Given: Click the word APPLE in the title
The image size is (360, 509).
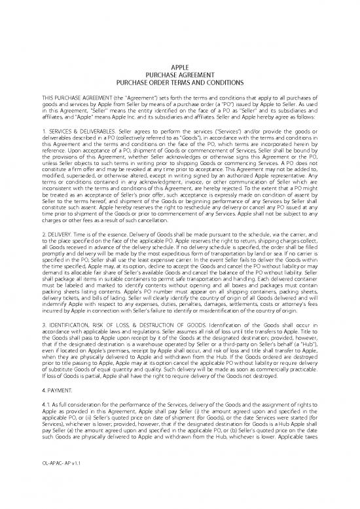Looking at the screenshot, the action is pyautogui.click(x=179, y=67).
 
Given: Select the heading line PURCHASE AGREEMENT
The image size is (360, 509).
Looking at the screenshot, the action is pyautogui.click(x=179, y=75).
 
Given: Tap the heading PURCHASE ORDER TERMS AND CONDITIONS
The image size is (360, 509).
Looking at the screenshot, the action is pyautogui.click(x=179, y=83).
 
